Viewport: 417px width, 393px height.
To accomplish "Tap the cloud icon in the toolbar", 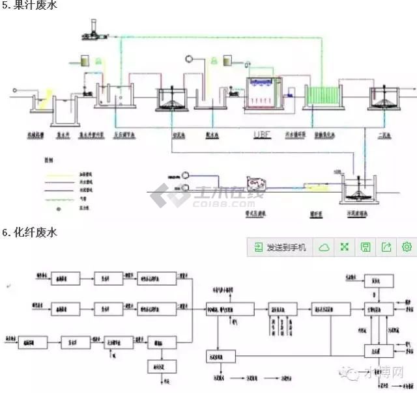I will (x=323, y=247).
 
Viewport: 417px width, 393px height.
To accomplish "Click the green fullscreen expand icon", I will (x=345, y=247).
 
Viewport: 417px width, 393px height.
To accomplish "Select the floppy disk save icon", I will (x=366, y=247).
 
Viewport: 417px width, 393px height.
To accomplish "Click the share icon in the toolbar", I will (x=386, y=247).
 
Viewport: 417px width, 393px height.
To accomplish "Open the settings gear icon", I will (x=407, y=247).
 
